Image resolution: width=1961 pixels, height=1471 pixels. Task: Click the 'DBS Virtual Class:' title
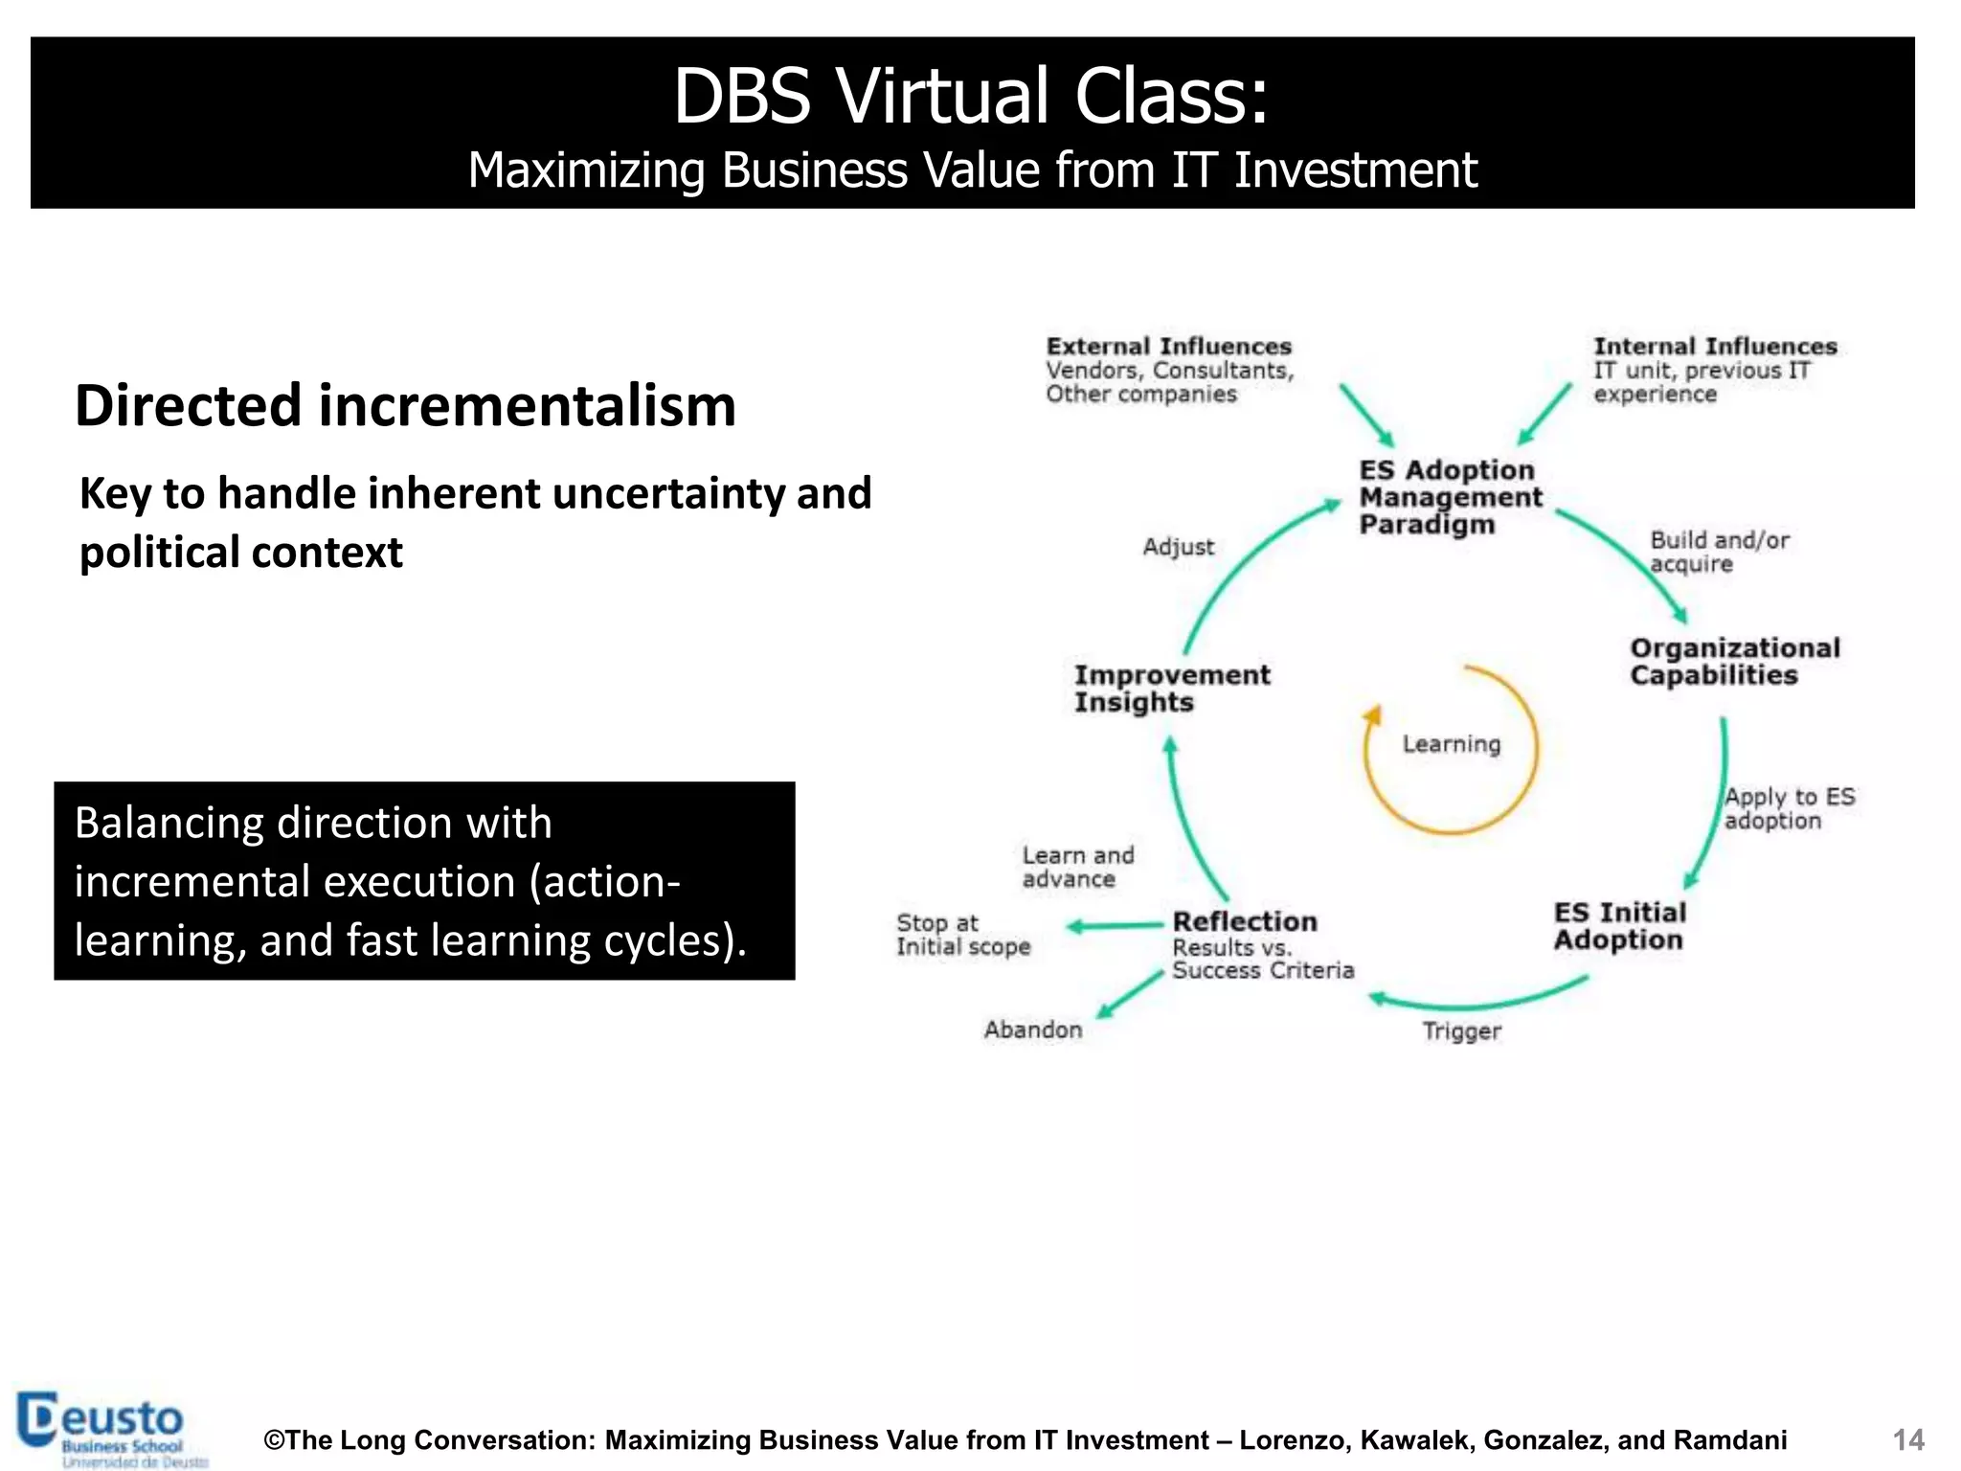point(971,97)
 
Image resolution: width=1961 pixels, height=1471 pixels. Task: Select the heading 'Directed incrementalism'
point(405,405)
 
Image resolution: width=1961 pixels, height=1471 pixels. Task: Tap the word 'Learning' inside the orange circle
point(1452,744)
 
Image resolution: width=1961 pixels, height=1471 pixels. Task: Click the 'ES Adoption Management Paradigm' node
point(1450,497)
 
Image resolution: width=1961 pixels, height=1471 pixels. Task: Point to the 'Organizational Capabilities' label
point(1734,662)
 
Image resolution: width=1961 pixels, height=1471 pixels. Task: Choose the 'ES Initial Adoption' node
point(1619,926)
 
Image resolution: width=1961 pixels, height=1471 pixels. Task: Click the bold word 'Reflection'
point(1245,921)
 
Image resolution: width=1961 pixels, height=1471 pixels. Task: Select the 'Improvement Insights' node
point(1171,689)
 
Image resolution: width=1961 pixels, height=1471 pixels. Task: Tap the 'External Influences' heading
point(1168,347)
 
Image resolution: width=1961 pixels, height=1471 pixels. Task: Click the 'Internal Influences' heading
point(1715,347)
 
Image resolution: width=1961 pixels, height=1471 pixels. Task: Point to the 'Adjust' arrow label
point(1178,547)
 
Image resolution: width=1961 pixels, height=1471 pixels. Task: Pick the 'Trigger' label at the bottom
point(1461,1031)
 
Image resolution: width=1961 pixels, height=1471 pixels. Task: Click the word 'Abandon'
point(1033,1030)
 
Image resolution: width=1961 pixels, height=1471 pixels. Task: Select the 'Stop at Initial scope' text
point(962,935)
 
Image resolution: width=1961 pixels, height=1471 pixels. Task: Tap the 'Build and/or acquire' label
point(1719,552)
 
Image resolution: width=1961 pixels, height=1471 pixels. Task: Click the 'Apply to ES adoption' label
point(1789,808)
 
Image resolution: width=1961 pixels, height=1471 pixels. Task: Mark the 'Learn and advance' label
point(1077,867)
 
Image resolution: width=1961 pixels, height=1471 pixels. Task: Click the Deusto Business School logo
point(110,1429)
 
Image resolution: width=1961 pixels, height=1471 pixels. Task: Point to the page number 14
point(1907,1439)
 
